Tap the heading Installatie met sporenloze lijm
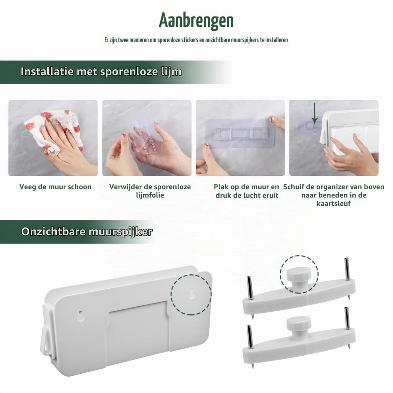tap(101, 72)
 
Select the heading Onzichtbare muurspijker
tap(87, 231)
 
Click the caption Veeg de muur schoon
tap(55, 187)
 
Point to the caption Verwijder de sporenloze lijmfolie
tap(150, 191)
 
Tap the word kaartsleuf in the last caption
tap(334, 203)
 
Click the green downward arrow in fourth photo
tap(315, 113)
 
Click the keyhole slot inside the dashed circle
tap(192, 294)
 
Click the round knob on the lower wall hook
tap(299, 326)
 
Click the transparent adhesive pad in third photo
tap(239, 133)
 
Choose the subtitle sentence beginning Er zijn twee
tap(196, 40)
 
